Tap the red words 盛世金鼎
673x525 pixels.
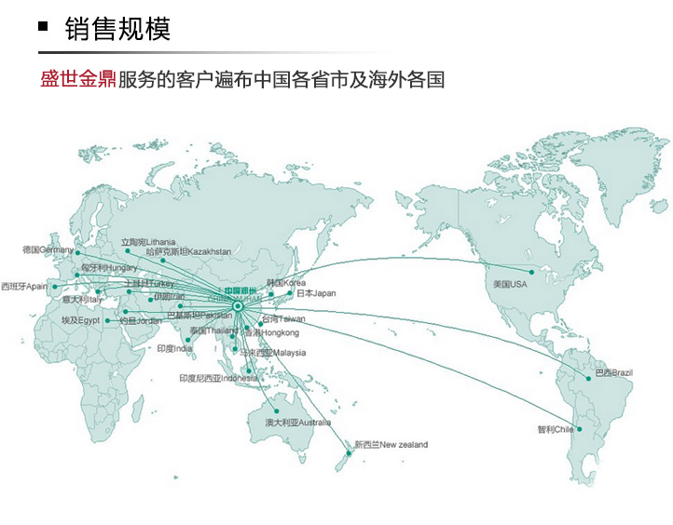coord(77,79)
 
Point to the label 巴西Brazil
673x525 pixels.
coord(614,372)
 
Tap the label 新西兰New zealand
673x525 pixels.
coord(391,445)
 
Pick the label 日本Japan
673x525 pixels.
coord(316,293)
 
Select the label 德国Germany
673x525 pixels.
coord(48,249)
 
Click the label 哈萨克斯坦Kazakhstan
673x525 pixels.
coord(188,251)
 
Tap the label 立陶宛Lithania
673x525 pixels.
coord(148,242)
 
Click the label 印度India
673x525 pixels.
coord(174,348)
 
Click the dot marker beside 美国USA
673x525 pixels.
coord(532,273)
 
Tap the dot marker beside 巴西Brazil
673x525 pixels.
coord(589,378)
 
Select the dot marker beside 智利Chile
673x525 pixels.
coord(579,429)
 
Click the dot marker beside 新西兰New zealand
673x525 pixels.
coord(350,453)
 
